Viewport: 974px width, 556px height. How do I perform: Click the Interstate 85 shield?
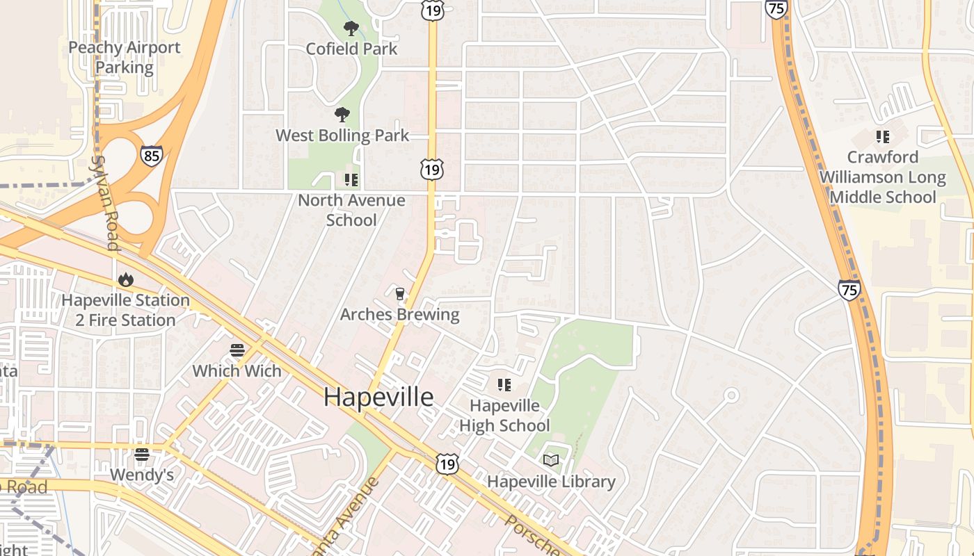click(x=151, y=155)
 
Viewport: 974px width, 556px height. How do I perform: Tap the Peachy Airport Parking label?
click(x=125, y=58)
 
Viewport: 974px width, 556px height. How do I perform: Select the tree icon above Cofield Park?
click(x=351, y=28)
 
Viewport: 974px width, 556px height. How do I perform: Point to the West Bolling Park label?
click(x=342, y=136)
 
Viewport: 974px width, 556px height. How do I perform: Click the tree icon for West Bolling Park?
click(x=342, y=115)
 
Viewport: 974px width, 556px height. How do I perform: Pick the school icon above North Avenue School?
click(x=351, y=180)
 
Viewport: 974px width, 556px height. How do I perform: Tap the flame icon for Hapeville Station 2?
click(x=125, y=279)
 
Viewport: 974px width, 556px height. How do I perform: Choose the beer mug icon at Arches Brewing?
click(x=399, y=294)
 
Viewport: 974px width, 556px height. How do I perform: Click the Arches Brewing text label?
click(x=399, y=314)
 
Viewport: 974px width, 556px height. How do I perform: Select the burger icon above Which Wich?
click(x=237, y=350)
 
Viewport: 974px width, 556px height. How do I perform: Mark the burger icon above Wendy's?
click(x=142, y=455)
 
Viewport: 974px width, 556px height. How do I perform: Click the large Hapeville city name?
click(x=378, y=397)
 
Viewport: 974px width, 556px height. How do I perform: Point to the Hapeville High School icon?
click(x=504, y=384)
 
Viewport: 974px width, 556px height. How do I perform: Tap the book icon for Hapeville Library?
click(x=551, y=460)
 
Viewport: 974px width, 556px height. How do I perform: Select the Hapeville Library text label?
click(x=551, y=481)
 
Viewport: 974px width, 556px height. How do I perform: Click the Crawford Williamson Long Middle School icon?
click(x=882, y=136)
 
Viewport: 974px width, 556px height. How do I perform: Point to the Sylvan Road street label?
click(x=104, y=202)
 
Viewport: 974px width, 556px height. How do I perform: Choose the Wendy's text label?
click(x=142, y=475)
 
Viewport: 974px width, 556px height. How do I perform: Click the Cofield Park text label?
click(x=351, y=49)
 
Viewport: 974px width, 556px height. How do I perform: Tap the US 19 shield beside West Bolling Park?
click(x=431, y=169)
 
